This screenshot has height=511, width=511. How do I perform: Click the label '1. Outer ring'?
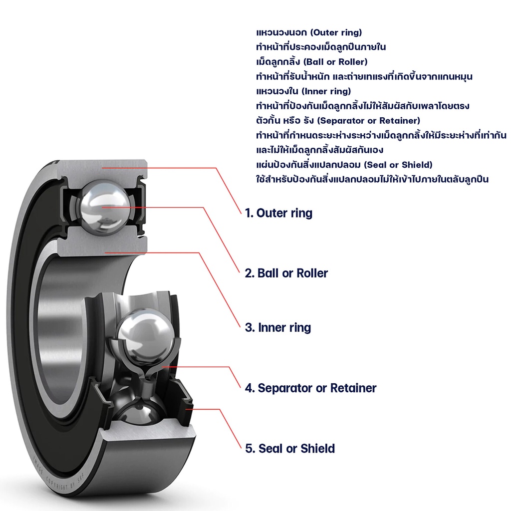click(x=278, y=213)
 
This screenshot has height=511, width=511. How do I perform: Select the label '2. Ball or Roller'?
click(x=286, y=273)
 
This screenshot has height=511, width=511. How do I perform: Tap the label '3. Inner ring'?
click(x=277, y=328)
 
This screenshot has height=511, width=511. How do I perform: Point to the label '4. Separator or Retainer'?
click(x=310, y=388)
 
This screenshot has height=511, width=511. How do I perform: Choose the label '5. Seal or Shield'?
click(x=290, y=449)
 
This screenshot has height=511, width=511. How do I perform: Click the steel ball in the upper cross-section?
click(x=103, y=205)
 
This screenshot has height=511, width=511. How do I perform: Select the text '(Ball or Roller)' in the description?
click(x=335, y=62)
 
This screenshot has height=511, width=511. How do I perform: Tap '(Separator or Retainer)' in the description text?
click(x=369, y=121)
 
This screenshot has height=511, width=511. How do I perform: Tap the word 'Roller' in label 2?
click(x=312, y=273)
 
